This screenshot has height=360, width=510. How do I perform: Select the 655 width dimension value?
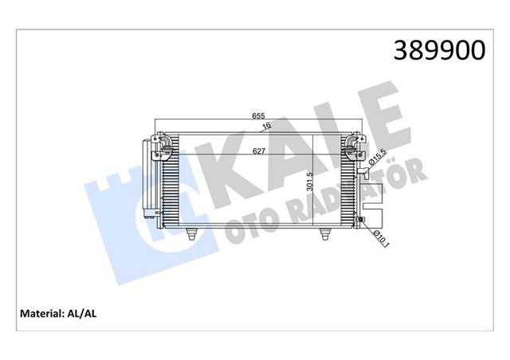click(259, 116)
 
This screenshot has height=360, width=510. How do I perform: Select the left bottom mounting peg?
click(192, 233)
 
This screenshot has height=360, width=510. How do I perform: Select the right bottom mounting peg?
click(325, 233)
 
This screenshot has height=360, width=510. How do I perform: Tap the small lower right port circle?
click(361, 220)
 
